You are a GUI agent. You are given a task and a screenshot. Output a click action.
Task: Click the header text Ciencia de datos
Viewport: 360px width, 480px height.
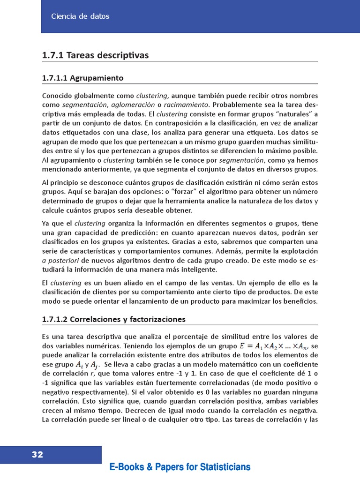point(80,16)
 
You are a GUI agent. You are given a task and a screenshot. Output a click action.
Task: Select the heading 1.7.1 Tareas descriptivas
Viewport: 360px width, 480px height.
point(95,56)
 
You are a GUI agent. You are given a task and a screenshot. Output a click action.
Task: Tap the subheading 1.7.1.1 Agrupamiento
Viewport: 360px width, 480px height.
point(83,78)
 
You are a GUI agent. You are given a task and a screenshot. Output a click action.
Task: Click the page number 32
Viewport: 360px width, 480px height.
point(37,455)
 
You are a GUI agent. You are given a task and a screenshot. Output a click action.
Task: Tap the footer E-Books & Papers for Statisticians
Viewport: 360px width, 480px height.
point(180,467)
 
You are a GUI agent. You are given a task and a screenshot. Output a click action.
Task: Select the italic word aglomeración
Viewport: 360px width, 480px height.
point(133,105)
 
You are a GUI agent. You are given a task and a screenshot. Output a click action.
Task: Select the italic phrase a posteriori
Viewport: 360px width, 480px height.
point(59,260)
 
